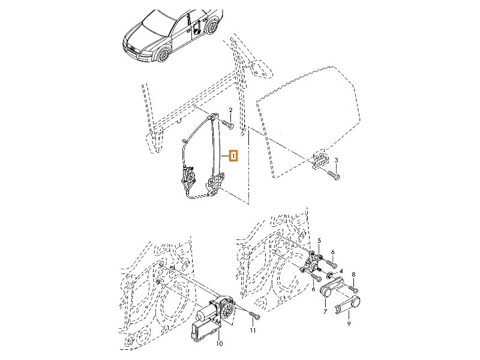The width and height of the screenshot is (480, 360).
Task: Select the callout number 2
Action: pyautogui.click(x=230, y=110)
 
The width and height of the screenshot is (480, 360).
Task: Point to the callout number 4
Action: pyautogui.click(x=341, y=271)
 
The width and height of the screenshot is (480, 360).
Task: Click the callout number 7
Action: pyautogui.click(x=325, y=313)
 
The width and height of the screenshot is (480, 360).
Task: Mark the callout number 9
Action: pyautogui.click(x=349, y=324)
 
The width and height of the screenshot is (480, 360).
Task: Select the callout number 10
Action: pyautogui.click(x=218, y=344)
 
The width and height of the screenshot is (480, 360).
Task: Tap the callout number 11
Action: pyautogui.click(x=253, y=331)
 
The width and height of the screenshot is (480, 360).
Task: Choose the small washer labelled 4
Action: pyautogui.click(x=330, y=275)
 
